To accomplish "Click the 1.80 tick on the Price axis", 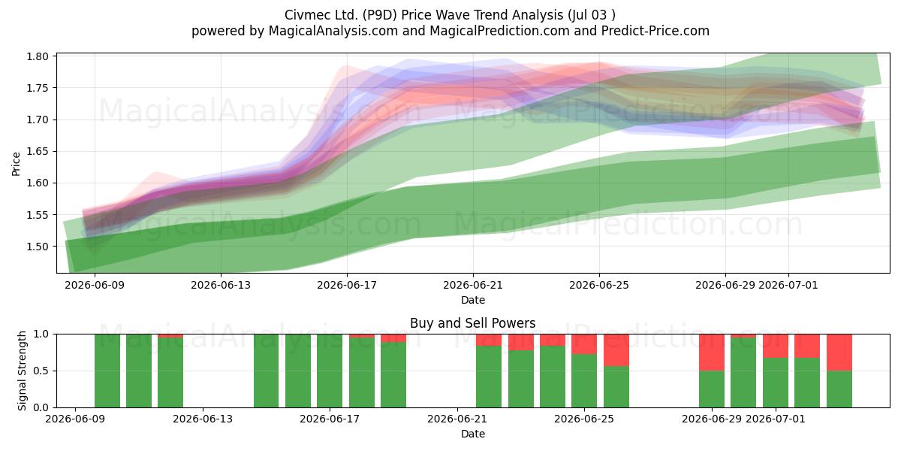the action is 38,56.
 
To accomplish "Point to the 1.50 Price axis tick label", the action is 38,247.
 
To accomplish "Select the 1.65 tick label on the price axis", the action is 38,151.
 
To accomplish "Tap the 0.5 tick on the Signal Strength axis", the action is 41,371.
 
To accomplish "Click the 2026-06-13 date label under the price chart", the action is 221,285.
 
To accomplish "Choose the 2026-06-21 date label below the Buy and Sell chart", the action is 457,419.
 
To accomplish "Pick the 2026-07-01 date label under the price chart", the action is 788,285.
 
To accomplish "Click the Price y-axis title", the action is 16,164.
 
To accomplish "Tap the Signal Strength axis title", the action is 22,371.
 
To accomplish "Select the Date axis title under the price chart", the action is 473,300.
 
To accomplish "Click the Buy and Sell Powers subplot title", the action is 473,323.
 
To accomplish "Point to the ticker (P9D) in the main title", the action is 380,15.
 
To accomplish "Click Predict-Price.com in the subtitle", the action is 655,31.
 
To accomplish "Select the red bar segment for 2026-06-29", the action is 712,353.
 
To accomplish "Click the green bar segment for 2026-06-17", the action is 330,371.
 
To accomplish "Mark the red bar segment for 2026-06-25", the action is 584,344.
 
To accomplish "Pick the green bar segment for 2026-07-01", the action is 776,383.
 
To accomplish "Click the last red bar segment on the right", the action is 839,353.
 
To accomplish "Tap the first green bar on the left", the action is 107,371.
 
